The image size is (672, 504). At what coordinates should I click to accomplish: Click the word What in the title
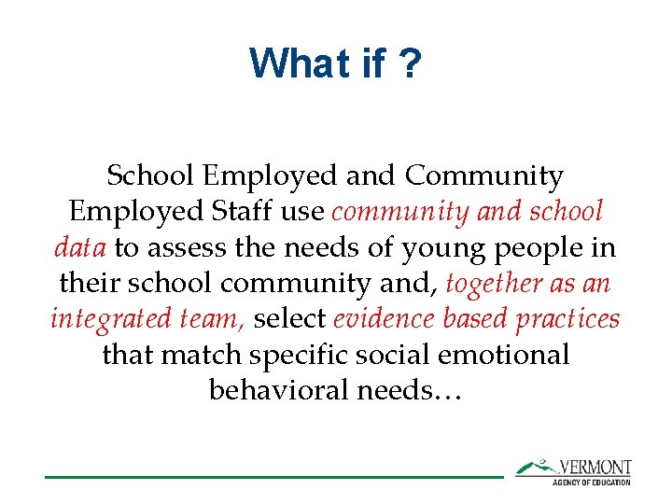[290, 64]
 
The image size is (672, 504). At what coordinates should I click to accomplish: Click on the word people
[526, 248]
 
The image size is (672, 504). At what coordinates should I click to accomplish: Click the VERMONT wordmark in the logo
[595, 467]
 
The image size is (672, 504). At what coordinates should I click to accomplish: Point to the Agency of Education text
[591, 482]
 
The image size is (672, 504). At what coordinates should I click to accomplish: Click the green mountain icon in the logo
[536, 466]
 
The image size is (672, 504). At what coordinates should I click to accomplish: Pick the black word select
[290, 318]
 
